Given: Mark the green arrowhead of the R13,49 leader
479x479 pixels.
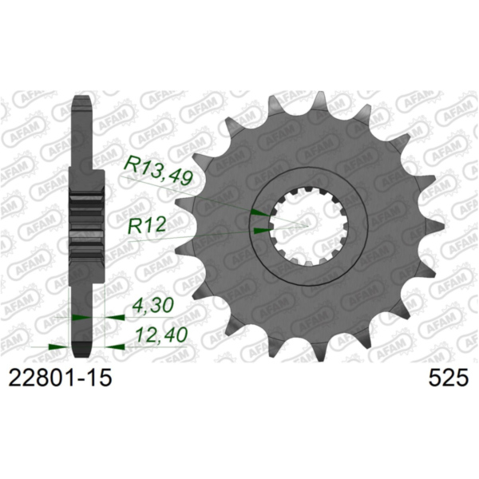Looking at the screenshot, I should [259, 212].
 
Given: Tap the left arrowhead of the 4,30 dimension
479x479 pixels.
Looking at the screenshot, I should [81, 317].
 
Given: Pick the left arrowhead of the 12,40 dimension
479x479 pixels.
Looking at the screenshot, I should [56, 346].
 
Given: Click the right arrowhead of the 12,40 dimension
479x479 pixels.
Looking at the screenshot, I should [114, 346].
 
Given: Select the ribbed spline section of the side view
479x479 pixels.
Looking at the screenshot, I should [86, 226].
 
